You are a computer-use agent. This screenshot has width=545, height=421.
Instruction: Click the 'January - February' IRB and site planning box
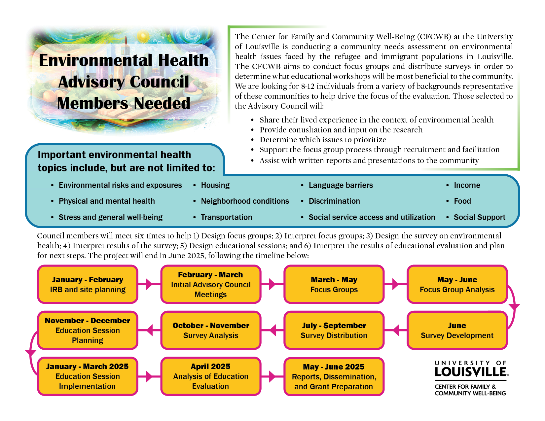pos(88,284)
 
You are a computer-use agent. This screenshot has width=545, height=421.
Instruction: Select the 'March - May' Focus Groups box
pos(334,284)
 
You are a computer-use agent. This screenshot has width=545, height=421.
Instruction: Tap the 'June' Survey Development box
pos(457,330)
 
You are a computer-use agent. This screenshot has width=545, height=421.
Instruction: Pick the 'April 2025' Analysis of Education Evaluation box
pos(211,376)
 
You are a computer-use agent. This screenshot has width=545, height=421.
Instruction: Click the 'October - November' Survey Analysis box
pos(211,330)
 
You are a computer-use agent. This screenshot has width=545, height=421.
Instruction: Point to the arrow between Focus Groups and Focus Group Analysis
pos(395,284)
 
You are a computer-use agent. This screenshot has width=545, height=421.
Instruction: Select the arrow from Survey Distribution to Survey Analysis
pos(273,330)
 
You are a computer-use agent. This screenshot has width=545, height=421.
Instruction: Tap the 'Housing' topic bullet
pos(215,185)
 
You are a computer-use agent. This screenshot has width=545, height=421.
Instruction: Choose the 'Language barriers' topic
pos(341,185)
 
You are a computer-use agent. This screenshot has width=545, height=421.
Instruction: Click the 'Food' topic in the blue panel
pos(462,201)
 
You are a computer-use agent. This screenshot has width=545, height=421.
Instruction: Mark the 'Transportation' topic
pos(226,217)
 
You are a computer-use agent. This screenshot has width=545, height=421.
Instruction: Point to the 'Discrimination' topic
pos(334,201)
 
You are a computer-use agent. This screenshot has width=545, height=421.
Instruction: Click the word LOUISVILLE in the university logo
pos(471,372)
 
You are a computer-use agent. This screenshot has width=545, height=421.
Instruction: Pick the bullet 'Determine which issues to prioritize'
pos(323,140)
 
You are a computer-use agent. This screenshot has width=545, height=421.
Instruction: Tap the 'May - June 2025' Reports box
pos(334,376)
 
